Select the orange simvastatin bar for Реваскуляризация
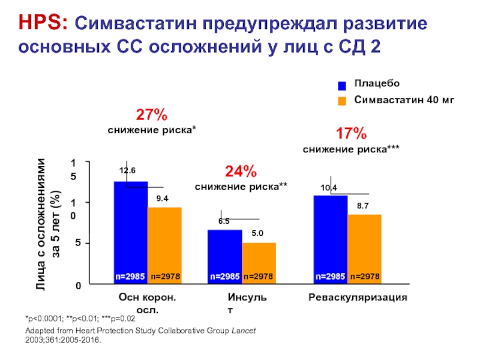coord(364,246)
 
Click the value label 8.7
coord(363,206)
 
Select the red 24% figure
coord(241,172)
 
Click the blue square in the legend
coord(342,85)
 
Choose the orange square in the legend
coord(342,101)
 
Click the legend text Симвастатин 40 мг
coord(404,100)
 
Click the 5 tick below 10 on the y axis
coord(78,244)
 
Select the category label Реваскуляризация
coord(358,298)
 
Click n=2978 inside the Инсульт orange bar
coord(259,277)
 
